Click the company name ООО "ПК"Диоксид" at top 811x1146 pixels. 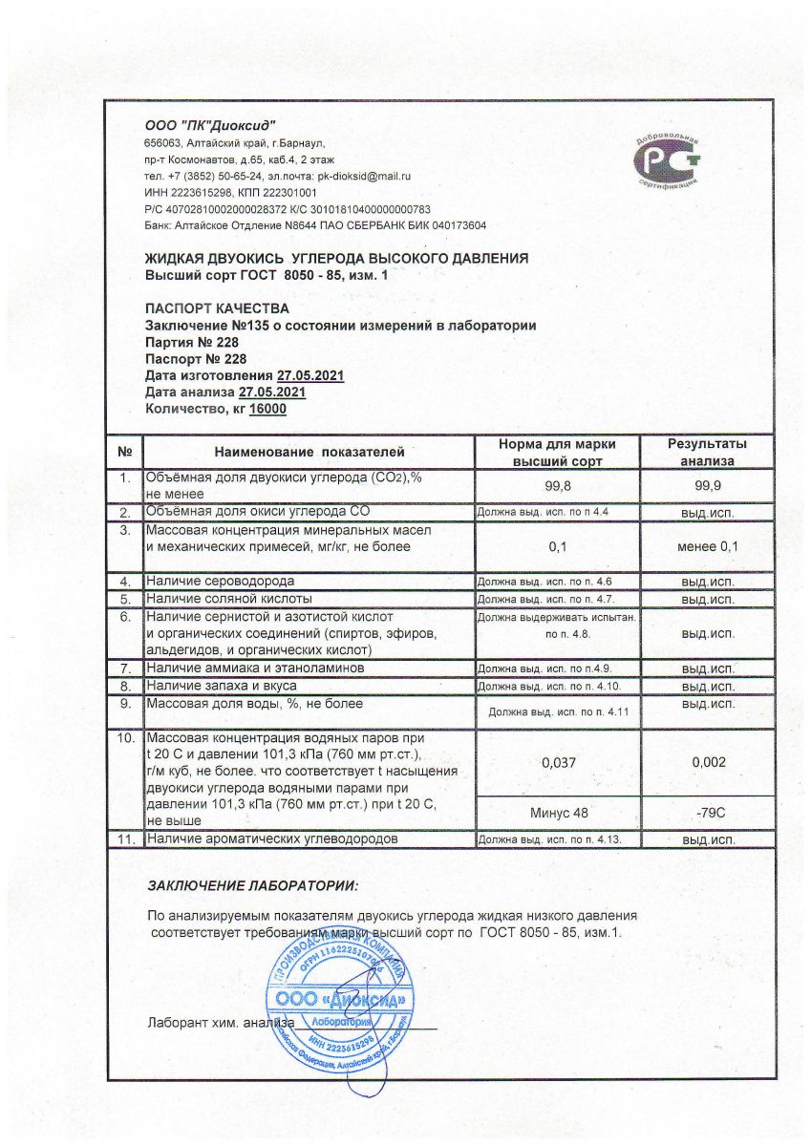click(210, 125)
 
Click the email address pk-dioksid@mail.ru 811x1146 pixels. click(363, 176)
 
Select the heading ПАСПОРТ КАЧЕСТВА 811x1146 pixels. click(215, 308)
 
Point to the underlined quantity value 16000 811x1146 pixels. click(267, 410)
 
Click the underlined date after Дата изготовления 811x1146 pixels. click(310, 376)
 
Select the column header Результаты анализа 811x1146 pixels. click(707, 452)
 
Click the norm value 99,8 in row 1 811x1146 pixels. click(558, 487)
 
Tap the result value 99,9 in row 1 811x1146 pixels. click(707, 487)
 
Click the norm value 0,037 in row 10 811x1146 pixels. click(558, 762)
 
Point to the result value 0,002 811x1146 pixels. click(707, 762)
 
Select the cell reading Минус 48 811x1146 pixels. click(558, 813)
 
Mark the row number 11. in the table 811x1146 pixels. click(125, 839)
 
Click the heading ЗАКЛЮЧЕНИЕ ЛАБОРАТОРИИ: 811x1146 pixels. click(253, 886)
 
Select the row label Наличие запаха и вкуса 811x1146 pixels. click(221, 686)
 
